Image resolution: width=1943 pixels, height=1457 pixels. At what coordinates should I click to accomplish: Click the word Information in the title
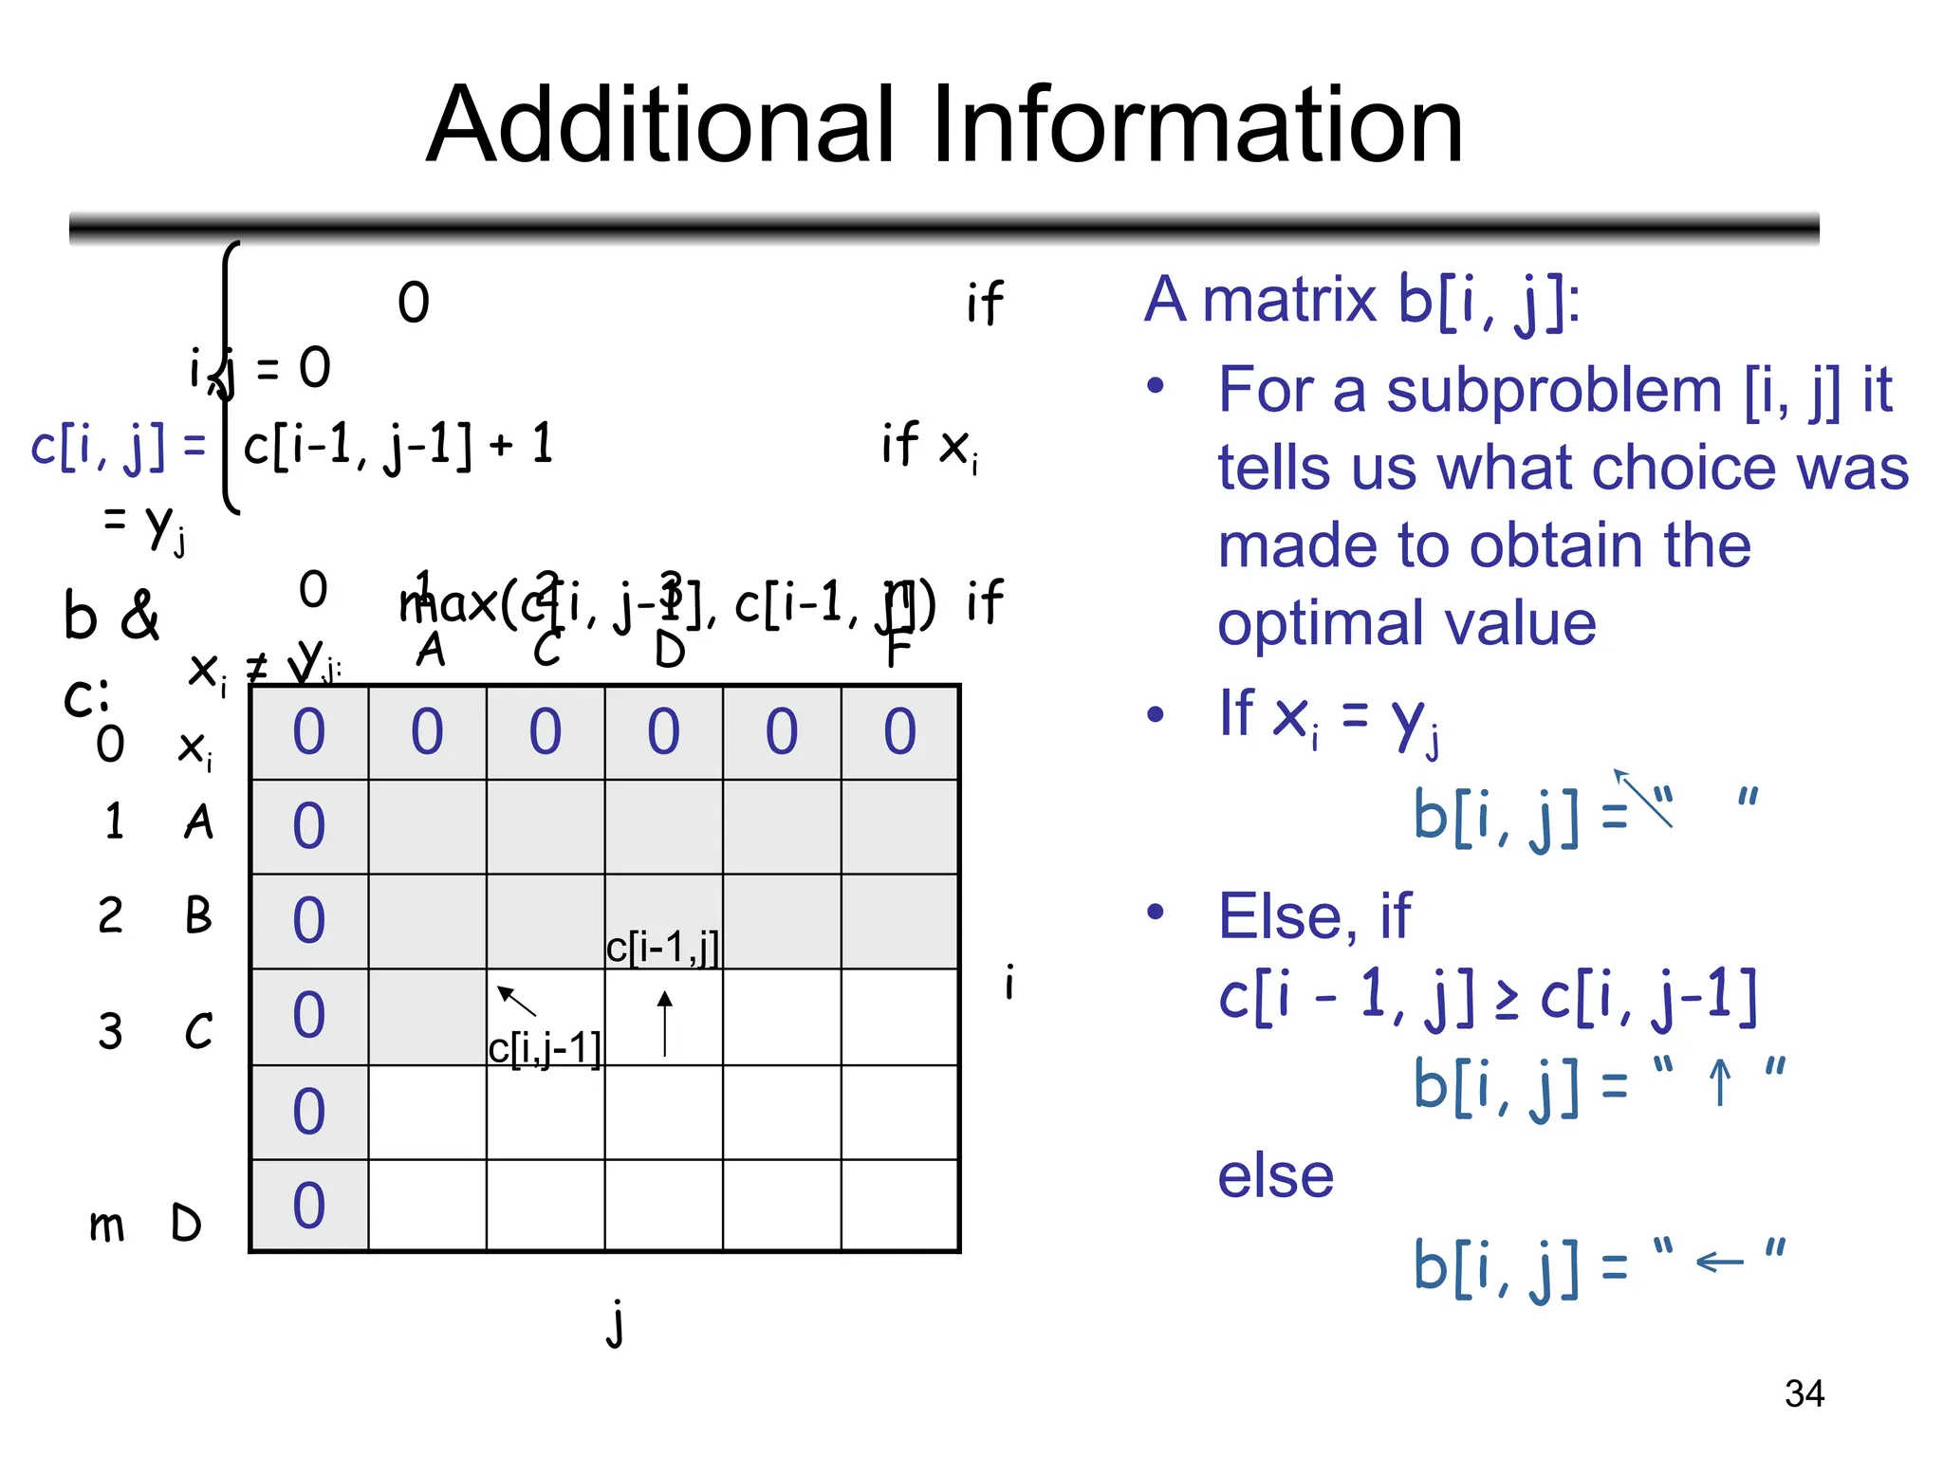(1197, 125)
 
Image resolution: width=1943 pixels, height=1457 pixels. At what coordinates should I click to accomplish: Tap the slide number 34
(1804, 1393)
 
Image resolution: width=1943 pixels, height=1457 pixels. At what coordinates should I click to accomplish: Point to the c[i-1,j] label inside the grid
(662, 947)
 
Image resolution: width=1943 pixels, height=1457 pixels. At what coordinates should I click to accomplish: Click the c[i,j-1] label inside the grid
(545, 1049)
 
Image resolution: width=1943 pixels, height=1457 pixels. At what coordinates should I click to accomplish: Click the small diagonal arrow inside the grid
(516, 1000)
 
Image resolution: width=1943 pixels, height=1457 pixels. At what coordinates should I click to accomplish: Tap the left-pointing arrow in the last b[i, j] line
(1719, 1262)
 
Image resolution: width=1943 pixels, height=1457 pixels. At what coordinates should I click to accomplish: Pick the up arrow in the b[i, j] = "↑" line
(1719, 1081)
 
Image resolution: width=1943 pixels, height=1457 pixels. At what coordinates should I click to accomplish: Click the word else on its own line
(1275, 1176)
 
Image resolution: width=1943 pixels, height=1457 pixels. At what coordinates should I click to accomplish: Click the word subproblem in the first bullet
(1554, 390)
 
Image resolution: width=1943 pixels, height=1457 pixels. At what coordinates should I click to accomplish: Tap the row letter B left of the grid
(198, 915)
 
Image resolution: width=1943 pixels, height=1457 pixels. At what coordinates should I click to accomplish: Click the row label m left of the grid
(106, 1225)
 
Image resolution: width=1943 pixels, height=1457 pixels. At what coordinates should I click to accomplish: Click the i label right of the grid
(1009, 982)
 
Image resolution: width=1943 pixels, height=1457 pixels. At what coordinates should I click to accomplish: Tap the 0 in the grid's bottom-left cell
(309, 1205)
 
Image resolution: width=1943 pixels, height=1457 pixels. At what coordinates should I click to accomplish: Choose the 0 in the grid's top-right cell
(899, 731)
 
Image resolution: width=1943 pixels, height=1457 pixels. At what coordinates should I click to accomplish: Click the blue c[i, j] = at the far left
(118, 446)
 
